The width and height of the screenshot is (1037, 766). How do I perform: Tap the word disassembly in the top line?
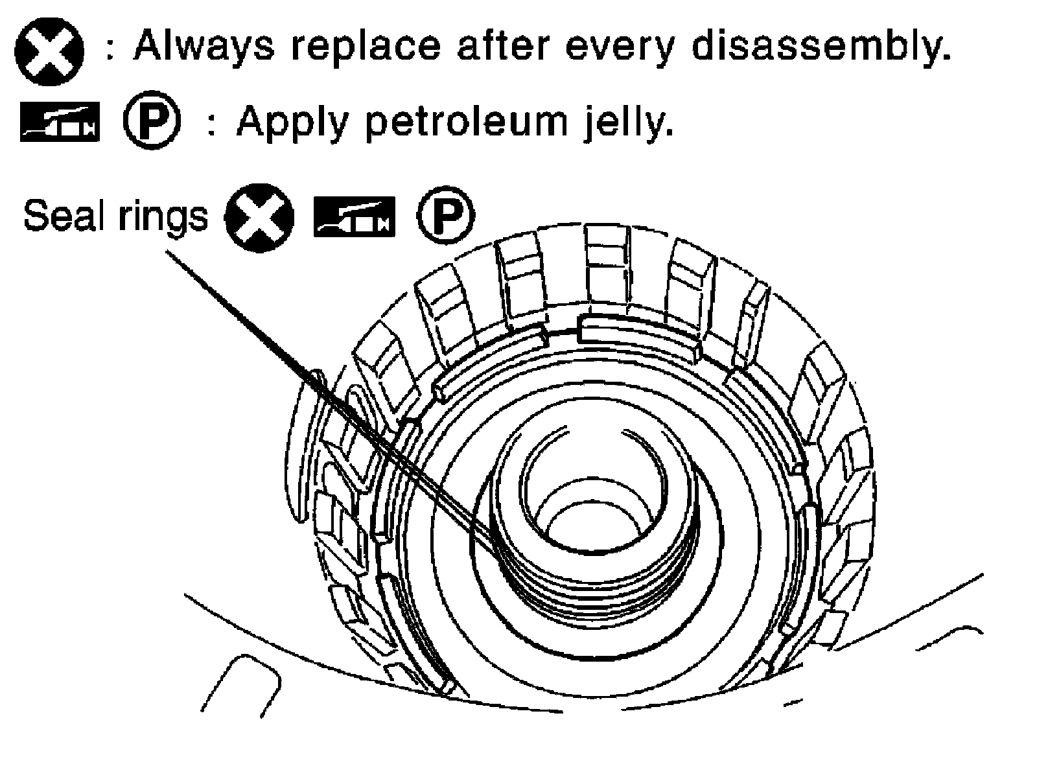click(x=820, y=47)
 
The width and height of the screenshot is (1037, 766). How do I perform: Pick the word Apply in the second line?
click(x=292, y=121)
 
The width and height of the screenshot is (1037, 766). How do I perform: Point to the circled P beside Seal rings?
click(x=445, y=216)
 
